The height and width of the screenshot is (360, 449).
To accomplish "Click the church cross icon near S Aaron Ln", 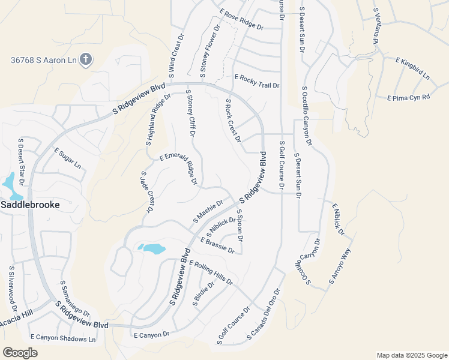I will click(x=86, y=59).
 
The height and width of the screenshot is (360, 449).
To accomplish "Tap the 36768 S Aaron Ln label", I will click(x=44, y=60).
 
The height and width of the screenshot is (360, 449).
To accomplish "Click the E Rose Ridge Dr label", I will click(x=241, y=20).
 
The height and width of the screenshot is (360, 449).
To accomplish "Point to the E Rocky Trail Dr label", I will click(x=258, y=82).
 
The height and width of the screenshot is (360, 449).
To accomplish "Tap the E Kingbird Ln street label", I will click(x=412, y=68).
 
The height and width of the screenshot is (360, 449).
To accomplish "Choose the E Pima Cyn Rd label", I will click(x=409, y=97).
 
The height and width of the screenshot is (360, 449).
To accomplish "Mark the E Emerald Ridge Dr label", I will click(x=178, y=168).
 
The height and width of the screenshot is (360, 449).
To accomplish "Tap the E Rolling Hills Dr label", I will click(x=210, y=272).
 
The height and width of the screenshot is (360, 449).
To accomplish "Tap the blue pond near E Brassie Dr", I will click(x=152, y=248).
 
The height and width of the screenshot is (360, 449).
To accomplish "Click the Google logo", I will click(x=20, y=353).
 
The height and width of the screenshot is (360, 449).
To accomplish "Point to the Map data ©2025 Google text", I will click(x=412, y=355).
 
